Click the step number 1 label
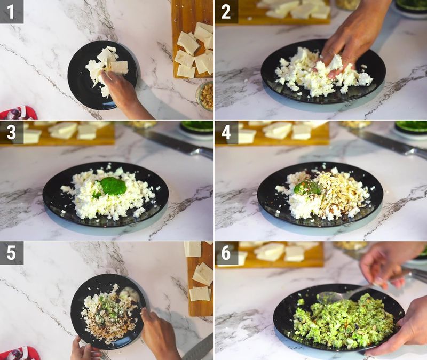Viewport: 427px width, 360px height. pos(11,11)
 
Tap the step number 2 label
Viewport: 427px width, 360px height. pos(226,11)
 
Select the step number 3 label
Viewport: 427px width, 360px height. pos(11,132)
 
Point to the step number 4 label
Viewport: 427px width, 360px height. pos(226,132)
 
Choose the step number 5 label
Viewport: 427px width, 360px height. pos(11,253)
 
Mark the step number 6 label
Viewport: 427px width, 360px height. pos(226,253)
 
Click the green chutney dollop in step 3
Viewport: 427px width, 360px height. pos(113,186)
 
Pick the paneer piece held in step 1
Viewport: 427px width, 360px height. pos(118,67)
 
